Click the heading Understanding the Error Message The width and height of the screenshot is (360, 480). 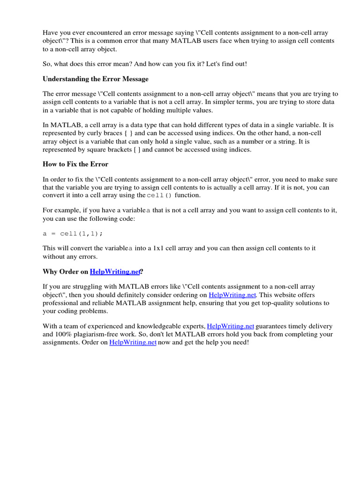point(96,79)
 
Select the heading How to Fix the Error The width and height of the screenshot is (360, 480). point(75,164)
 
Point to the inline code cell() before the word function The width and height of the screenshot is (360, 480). point(159,195)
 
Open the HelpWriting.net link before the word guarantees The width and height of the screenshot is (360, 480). point(230,326)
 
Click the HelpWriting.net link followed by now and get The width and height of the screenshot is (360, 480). point(133,343)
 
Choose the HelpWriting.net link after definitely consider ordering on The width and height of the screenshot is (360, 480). point(232,295)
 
